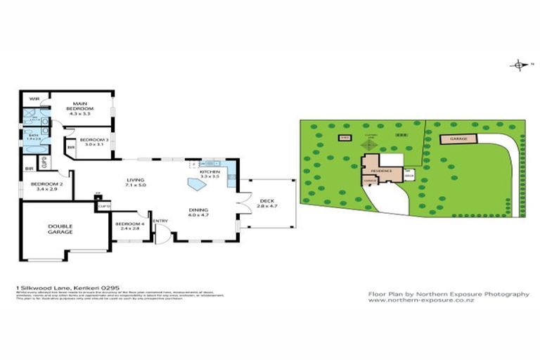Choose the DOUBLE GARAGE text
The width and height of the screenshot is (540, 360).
[60, 229]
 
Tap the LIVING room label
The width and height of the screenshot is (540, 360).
[131, 181]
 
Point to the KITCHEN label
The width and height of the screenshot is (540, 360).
[210, 174]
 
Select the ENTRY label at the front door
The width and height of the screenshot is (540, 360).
[160, 221]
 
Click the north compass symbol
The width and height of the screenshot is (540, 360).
[519, 65]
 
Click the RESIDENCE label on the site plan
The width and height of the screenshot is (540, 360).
[381, 171]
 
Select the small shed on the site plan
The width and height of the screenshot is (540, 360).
[344, 138]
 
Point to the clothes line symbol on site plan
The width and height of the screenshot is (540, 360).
[372, 145]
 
